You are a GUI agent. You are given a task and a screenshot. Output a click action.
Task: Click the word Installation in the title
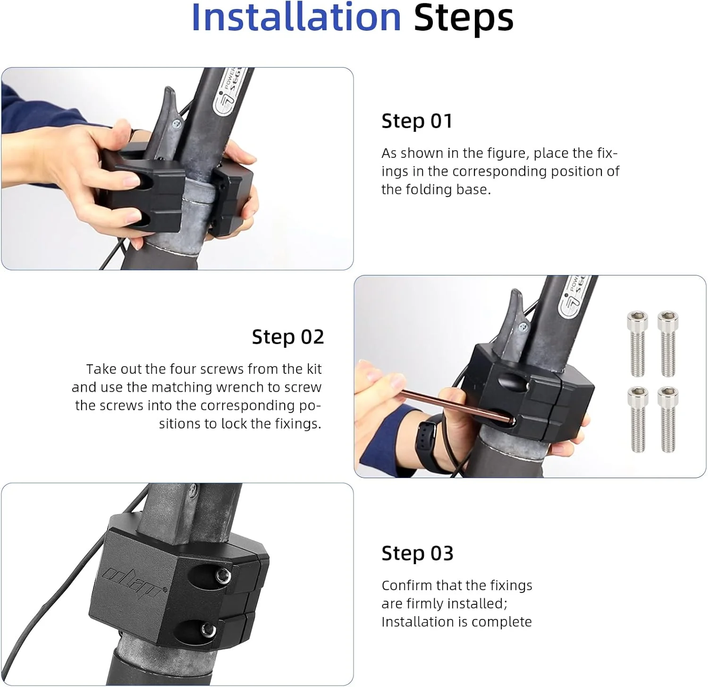tap(296, 17)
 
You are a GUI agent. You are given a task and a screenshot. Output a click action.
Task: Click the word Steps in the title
tap(464, 18)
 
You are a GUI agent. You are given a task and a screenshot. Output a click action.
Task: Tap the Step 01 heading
tap(417, 121)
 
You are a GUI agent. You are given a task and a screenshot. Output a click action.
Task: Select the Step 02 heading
tap(288, 337)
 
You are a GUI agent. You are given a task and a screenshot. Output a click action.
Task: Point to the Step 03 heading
tap(418, 553)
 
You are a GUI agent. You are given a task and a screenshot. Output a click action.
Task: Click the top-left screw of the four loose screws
tap(637, 344)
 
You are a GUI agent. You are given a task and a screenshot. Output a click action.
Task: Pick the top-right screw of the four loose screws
tap(668, 344)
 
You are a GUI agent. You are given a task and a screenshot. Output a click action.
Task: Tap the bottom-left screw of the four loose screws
tap(638, 419)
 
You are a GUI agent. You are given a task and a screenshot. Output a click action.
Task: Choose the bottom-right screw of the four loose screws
tap(668, 419)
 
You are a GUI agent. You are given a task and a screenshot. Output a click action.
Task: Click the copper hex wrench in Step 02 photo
tap(455, 404)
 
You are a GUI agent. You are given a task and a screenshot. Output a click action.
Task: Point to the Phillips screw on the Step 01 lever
tap(177, 124)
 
